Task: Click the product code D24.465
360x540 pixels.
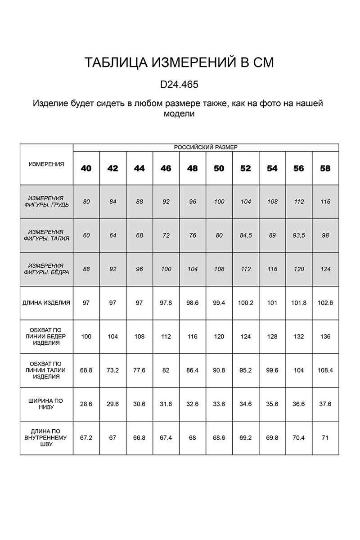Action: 179,84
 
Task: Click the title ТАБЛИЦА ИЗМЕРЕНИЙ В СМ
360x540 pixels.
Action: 179,63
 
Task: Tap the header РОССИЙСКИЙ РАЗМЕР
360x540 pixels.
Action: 206,147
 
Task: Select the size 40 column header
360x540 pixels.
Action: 86,168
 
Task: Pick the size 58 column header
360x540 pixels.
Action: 325,168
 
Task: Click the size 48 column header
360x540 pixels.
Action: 193,168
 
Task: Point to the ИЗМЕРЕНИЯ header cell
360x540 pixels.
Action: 46,164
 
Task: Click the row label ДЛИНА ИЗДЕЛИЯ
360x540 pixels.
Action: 46,303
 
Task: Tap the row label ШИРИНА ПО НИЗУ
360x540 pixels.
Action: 46,404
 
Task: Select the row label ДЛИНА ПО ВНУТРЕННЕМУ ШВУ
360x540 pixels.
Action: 46,438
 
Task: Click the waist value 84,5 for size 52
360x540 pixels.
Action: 246,235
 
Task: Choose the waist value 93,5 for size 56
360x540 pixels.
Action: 299,235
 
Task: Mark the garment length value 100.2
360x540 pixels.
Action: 246,303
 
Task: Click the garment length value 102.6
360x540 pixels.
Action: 325,303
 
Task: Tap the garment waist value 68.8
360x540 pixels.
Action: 86,370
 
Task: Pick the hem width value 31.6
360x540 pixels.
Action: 166,404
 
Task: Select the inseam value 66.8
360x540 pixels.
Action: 139,438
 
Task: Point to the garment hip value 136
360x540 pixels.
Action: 325,337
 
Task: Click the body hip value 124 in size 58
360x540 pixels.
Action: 325,269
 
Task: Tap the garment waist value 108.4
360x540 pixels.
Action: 325,370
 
